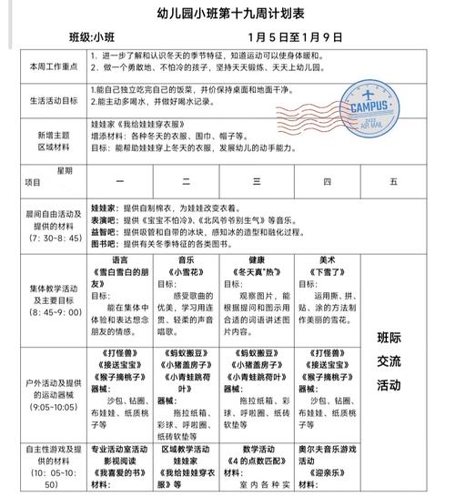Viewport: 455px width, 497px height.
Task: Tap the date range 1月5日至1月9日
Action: (295, 37)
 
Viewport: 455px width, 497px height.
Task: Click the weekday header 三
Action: (257, 181)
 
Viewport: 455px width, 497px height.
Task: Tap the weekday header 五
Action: (393, 181)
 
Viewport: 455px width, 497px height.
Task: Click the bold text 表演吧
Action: (106, 219)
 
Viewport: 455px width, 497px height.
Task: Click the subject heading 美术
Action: (328, 259)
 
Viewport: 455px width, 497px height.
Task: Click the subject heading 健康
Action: (258, 259)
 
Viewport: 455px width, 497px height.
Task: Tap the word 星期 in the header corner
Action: (64, 169)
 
